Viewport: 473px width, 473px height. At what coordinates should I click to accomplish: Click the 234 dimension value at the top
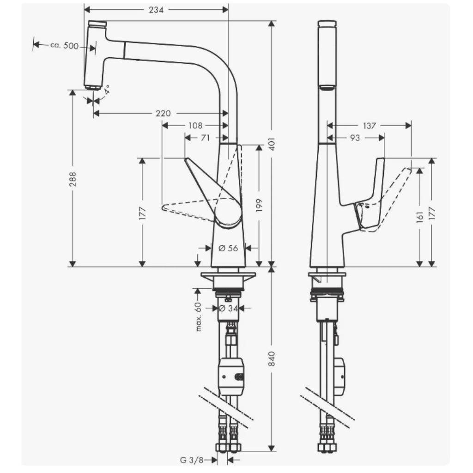[x=156, y=10]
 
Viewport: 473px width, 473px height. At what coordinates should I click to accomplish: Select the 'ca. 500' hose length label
[x=64, y=46]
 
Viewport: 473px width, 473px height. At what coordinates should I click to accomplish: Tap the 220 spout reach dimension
[x=163, y=114]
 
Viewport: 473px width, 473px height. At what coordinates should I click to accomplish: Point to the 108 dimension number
[x=195, y=126]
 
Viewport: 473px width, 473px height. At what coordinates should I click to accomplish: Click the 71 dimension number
[x=205, y=138]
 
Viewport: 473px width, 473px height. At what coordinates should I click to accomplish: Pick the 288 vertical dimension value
[x=73, y=179]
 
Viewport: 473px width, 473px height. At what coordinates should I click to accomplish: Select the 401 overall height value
[x=272, y=144]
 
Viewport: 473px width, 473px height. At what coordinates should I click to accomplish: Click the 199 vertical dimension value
[x=259, y=205]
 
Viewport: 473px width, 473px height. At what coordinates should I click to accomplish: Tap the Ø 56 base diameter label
[x=228, y=248]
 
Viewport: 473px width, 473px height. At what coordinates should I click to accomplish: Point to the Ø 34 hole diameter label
[x=228, y=308]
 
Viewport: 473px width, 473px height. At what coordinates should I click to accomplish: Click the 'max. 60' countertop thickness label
[x=198, y=317]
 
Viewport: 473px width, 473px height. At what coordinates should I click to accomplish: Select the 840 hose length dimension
[x=272, y=358]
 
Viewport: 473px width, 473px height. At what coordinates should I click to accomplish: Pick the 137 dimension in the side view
[x=369, y=126]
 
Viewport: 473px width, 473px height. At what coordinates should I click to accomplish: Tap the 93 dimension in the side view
[x=355, y=138]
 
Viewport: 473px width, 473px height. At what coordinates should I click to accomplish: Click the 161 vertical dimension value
[x=419, y=217]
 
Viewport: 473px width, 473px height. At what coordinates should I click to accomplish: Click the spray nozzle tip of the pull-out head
[x=92, y=88]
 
